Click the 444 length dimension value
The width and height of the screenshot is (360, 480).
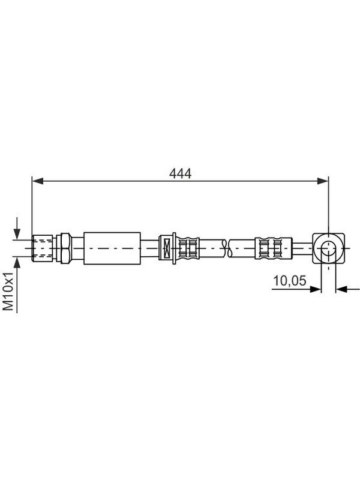coord(180,173)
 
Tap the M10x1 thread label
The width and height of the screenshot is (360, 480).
coord(9,291)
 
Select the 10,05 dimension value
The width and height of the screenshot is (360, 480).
coord(289,280)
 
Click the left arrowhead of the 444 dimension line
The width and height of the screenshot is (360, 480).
coord(38,181)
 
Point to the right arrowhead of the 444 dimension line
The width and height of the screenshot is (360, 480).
coord(322,181)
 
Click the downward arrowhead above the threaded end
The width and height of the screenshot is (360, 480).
coord(17,234)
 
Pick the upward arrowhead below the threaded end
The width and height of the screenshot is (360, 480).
coord(17,262)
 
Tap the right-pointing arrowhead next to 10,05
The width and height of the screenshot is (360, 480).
coord(315,289)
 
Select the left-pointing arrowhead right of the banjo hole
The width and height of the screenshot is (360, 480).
coord(341,289)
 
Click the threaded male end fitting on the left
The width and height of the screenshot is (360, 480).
coord(42,248)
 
